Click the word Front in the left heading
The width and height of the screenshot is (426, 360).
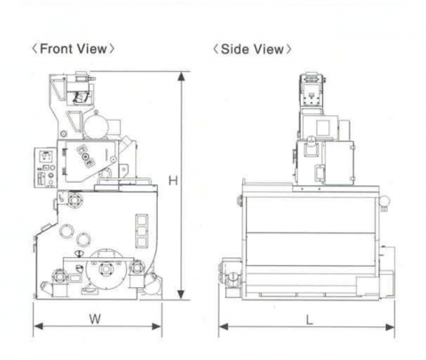coord(56,49)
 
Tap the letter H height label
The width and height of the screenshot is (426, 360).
coord(173,180)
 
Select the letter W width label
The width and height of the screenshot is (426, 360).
coord(95,319)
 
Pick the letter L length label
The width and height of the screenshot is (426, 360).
coord(310,319)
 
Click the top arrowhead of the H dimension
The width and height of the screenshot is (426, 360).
coord(181,76)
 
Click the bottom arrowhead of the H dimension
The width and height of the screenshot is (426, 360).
coord(181,294)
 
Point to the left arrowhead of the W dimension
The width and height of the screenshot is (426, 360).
coord(38,326)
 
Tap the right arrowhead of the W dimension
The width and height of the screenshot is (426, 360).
coord(156,326)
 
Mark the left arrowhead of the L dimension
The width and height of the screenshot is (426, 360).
coord(224,327)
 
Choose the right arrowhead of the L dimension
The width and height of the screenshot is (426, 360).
coord(390,327)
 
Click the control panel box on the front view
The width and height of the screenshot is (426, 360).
coord(45,168)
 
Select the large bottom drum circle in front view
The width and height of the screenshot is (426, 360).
coord(106,269)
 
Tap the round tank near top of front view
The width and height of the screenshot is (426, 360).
coord(96,127)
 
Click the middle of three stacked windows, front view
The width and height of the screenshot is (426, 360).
coord(142,231)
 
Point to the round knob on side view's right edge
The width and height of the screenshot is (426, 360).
coord(384,201)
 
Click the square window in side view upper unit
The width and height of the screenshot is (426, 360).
coord(323,128)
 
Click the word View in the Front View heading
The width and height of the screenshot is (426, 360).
coord(92,49)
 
